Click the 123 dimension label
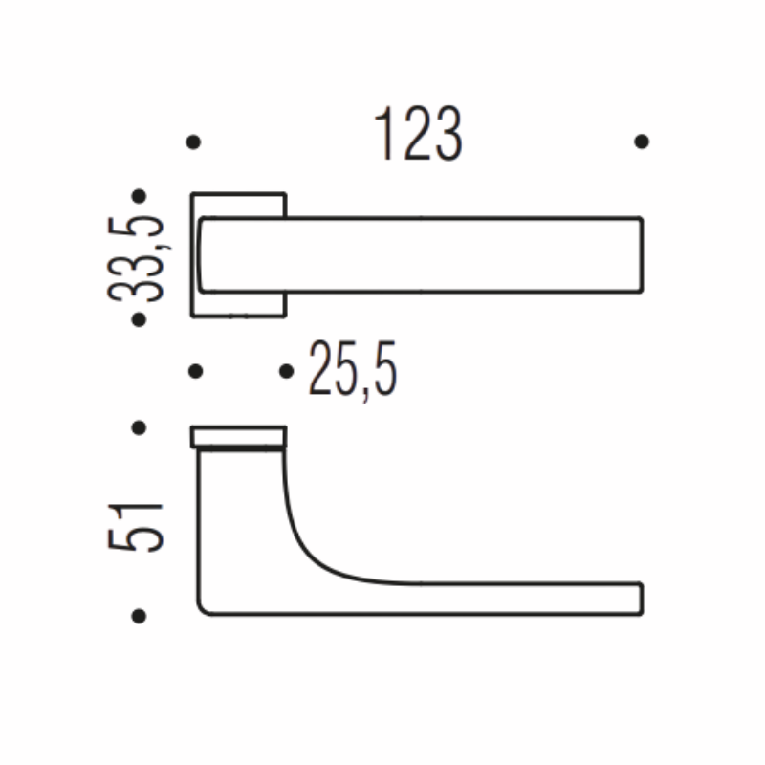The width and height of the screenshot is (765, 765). tap(418, 133)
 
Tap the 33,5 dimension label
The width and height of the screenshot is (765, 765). tap(135, 258)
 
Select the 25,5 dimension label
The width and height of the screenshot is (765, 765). tap(353, 369)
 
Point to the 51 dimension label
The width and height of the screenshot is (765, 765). tap(135, 527)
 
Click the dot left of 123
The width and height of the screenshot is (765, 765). tap(193, 142)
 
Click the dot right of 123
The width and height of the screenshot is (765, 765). tap(642, 142)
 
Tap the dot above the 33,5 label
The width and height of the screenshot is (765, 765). tap(139, 196)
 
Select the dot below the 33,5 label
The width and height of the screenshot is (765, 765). tap(139, 320)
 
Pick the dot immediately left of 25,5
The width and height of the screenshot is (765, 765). tap(286, 371)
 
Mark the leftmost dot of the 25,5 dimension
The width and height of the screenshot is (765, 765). tap(195, 371)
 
